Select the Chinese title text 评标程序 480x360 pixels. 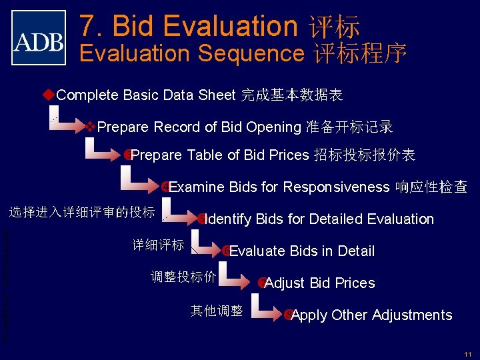360,53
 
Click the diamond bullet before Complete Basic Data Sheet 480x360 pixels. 49,94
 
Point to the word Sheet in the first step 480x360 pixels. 216,95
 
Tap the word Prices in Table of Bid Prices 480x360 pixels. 289,155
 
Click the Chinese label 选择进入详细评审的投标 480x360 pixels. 81,213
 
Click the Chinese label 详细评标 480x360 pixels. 158,245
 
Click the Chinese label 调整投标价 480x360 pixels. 183,277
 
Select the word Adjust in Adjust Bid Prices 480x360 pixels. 283,283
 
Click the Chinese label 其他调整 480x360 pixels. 217,309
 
